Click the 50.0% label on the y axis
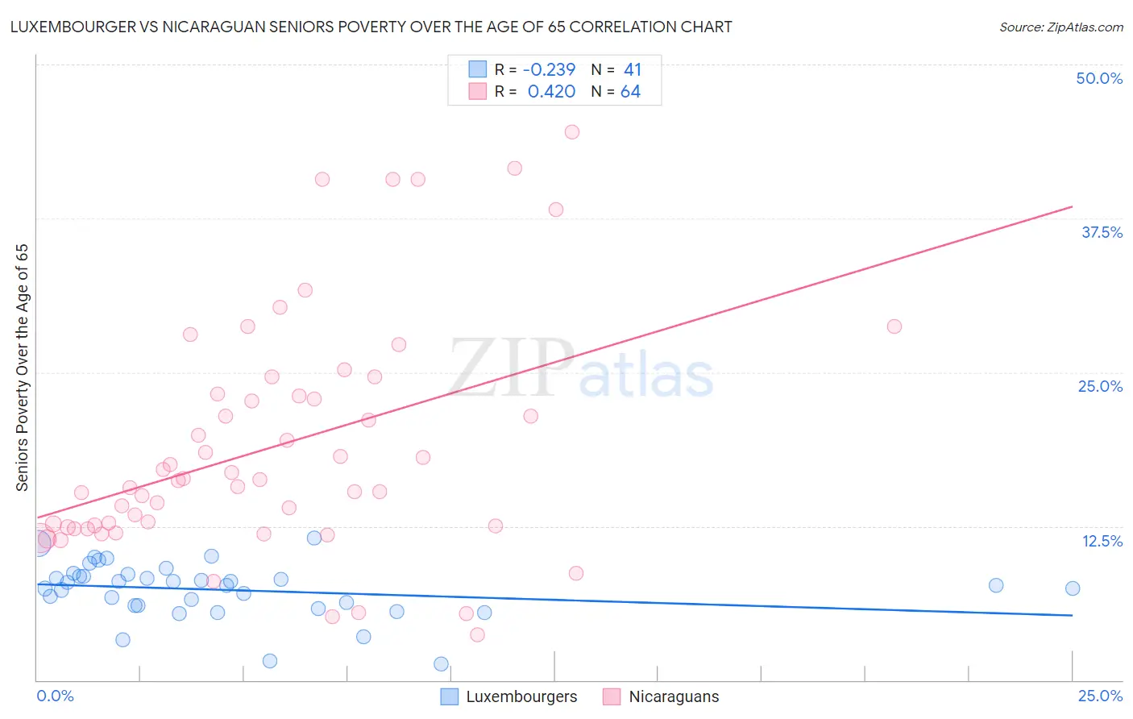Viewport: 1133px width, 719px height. pyautogui.click(x=1099, y=78)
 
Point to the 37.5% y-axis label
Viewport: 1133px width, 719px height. pyautogui.click(x=1102, y=232)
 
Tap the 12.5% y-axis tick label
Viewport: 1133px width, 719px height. pyautogui.click(x=1102, y=541)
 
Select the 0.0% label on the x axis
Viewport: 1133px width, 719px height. pyautogui.click(x=55, y=696)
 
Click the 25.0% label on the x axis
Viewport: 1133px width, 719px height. pyautogui.click(x=1100, y=696)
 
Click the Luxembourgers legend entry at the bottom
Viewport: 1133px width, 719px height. pyautogui.click(x=521, y=696)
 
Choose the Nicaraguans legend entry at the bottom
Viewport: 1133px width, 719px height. pyautogui.click(x=673, y=696)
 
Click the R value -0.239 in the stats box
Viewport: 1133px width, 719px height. pyautogui.click(x=549, y=70)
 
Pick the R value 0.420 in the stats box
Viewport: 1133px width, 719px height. pyautogui.click(x=551, y=92)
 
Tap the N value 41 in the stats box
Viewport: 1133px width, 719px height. pyautogui.click(x=632, y=70)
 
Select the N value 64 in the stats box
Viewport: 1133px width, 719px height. pyautogui.click(x=630, y=92)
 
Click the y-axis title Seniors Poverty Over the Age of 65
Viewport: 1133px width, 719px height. pyautogui.click(x=23, y=368)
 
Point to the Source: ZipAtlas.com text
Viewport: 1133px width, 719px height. pyautogui.click(x=1060, y=27)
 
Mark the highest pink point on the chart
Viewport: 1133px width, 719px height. pyautogui.click(x=572, y=132)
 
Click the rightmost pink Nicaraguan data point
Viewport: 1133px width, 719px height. pyautogui.click(x=894, y=326)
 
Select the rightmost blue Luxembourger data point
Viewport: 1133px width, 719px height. pyautogui.click(x=1073, y=588)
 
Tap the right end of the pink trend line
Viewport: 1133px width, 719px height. pyautogui.click(x=1073, y=207)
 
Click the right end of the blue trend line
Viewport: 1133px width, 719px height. pyautogui.click(x=1073, y=615)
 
